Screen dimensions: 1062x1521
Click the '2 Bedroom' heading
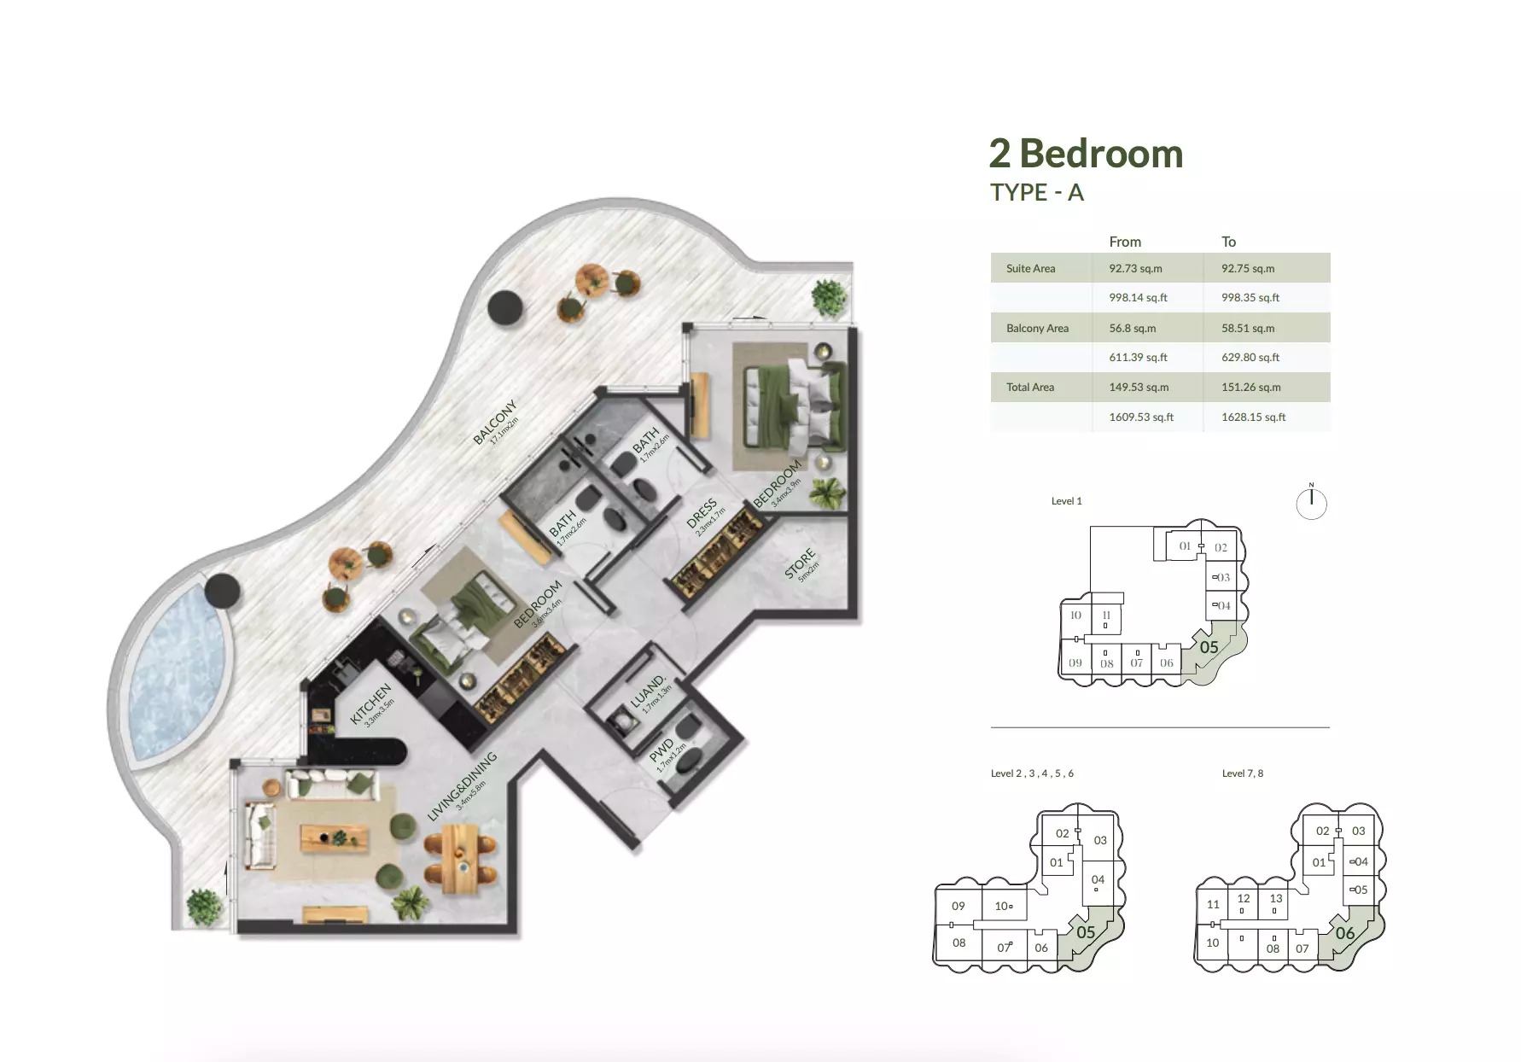pos(1086,155)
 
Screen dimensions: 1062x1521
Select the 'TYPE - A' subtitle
pos(1036,193)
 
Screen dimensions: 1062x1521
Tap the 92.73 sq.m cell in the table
pos(1135,268)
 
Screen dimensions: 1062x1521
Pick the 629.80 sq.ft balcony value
pos(1250,358)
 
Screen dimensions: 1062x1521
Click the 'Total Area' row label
pos(1029,388)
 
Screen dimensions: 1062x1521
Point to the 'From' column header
pos(1124,242)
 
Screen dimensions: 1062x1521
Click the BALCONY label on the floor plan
pos(495,422)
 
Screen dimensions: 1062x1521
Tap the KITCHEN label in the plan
pos(370,703)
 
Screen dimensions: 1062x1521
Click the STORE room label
pos(800,564)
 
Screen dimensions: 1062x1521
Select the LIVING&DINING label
pos(462,786)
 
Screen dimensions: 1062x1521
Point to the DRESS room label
pos(702,514)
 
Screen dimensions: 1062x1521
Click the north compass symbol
pos(1311,503)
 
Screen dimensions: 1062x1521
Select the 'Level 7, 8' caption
pos(1242,773)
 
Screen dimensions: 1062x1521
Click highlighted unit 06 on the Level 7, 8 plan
pos(1344,934)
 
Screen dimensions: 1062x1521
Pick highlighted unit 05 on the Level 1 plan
pos(1209,648)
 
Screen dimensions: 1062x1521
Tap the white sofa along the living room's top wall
pos(331,782)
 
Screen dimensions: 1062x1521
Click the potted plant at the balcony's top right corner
pos(829,296)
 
